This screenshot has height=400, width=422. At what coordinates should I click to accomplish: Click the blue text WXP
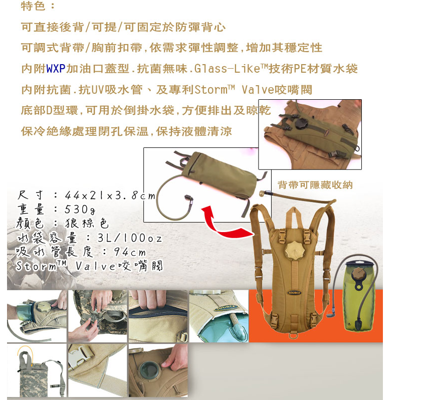click(56, 69)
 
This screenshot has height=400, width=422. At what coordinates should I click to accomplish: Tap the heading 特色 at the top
click(33, 6)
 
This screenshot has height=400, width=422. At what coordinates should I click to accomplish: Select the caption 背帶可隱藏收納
click(315, 185)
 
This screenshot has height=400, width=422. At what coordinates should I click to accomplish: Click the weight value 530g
click(80, 209)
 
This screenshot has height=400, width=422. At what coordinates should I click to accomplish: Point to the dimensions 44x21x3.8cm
click(110, 195)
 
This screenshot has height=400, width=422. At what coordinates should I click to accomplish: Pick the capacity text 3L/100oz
click(129, 238)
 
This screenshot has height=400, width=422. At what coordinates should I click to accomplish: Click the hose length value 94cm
click(130, 252)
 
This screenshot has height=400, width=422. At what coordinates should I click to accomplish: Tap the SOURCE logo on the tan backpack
click(294, 293)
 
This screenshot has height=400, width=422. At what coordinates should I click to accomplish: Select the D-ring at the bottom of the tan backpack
click(294, 335)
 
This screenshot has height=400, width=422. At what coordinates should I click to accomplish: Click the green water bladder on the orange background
click(359, 296)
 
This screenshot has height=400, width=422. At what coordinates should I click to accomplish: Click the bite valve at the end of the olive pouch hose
click(189, 201)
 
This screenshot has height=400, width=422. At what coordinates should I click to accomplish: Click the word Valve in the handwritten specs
click(96, 266)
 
